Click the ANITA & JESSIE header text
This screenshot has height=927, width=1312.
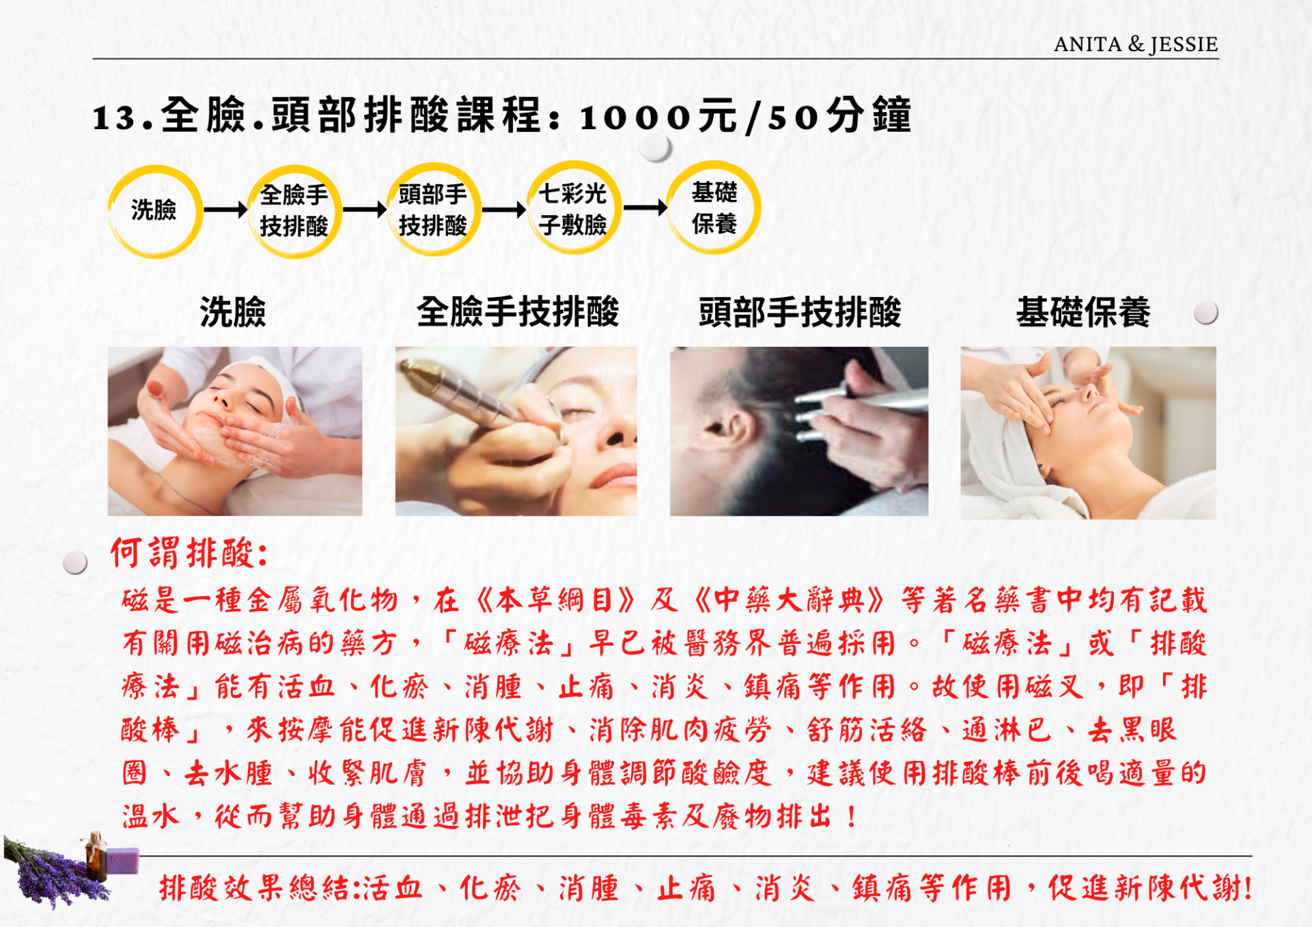pos(1135,44)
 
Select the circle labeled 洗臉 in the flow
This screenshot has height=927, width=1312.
pos(155,211)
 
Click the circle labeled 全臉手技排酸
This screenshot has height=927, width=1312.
pos(294,211)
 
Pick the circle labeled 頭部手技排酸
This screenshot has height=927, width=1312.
pos(434,209)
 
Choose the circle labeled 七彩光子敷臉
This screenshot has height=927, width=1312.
pos(574,208)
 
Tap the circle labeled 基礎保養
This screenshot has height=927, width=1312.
pos(714,208)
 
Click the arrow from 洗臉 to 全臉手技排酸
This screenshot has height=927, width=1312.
pos(225,210)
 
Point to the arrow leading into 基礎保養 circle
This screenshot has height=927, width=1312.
pos(645,207)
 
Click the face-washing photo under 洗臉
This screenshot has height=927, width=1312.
pos(235,431)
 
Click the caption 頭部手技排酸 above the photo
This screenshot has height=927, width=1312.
pos(800,313)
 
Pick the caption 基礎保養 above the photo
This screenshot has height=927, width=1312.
pos(1083,313)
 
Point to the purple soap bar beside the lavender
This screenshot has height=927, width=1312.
pos(122,861)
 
